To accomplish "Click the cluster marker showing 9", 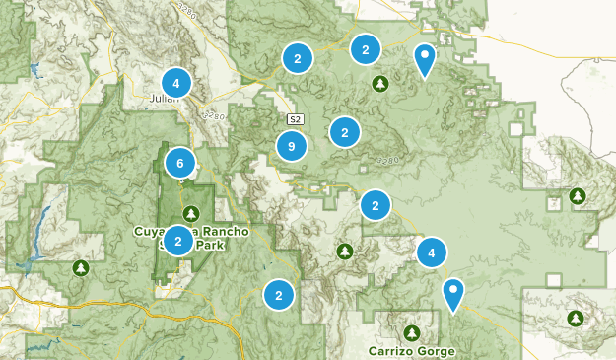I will pos(290,147).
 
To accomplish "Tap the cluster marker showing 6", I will pos(179,163).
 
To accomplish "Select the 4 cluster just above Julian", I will pos(175,83).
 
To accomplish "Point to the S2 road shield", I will pos(296,119).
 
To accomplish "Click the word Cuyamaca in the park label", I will pos(164,231).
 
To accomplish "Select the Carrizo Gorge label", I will pos(412,350).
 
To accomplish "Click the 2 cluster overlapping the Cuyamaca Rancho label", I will pos(178,240).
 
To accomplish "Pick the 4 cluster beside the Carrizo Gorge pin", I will pos(431,253).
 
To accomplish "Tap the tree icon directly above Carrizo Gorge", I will pos(411,331).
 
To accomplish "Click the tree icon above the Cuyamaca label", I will pos(190,213).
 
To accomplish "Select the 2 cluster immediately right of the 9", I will pos(344,131).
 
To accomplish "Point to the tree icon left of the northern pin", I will pos(379,84).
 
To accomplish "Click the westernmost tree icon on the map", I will pos(81,267).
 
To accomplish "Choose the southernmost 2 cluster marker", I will pos(279,294).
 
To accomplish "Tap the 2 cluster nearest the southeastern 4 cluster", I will pos(375,206).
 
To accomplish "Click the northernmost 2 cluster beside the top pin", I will pos(366,47).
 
